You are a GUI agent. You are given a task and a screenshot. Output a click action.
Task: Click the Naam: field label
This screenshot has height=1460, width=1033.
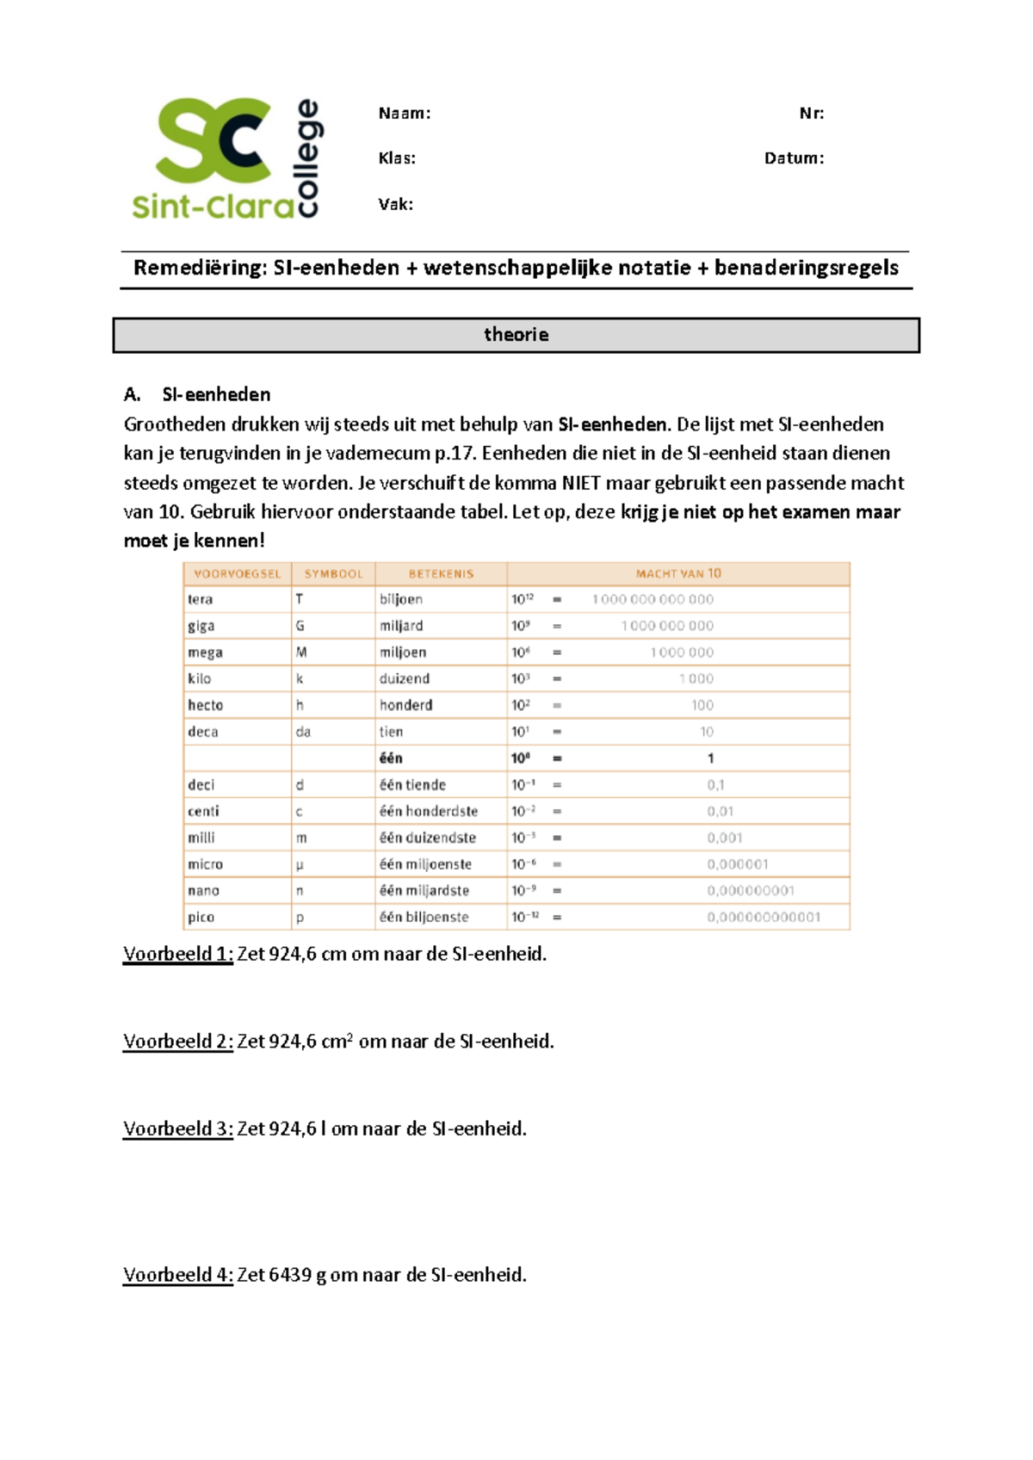[404, 114]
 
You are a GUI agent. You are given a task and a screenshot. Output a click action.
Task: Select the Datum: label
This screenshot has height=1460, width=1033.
[794, 158]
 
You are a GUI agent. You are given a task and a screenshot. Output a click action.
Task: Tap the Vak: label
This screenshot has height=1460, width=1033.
[395, 205]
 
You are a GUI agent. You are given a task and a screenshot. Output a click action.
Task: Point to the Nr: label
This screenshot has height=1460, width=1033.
[811, 114]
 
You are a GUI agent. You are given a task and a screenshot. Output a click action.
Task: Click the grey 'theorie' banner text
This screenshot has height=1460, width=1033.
[516, 335]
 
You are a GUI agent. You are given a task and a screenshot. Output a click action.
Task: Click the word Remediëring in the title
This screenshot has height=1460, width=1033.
[201, 269]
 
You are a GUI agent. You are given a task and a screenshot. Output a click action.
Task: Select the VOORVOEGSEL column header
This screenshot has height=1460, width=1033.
[237, 574]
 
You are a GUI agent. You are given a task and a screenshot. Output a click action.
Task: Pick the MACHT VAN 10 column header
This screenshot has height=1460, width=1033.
[677, 574]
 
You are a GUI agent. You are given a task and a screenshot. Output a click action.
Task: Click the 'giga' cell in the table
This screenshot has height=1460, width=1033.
[201, 626]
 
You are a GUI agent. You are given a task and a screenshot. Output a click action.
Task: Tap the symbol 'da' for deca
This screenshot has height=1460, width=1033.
[303, 732]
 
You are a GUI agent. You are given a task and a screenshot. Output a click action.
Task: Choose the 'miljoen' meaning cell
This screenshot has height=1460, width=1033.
[403, 653]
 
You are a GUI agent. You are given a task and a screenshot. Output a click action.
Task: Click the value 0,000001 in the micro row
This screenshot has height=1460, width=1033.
[737, 864]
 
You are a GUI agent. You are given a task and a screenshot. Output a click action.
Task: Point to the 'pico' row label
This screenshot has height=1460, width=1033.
[201, 918]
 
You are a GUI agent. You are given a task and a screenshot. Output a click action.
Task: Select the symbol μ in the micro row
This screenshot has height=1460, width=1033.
[300, 865]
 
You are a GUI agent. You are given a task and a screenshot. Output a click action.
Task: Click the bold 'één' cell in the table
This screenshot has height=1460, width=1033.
[391, 758]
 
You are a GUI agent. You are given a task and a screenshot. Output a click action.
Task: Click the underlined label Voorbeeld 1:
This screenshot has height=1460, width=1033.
[177, 954]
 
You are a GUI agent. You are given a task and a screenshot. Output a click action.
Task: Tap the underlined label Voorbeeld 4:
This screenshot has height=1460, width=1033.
[177, 1275]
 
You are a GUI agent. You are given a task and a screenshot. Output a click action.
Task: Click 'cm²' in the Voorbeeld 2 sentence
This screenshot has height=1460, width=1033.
[337, 1042]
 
